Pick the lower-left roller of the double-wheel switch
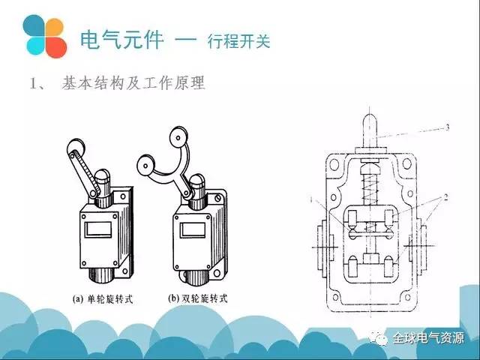click(x=145, y=161)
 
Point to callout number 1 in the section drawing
click(x=310, y=197)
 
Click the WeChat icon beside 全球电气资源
click(x=382, y=339)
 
